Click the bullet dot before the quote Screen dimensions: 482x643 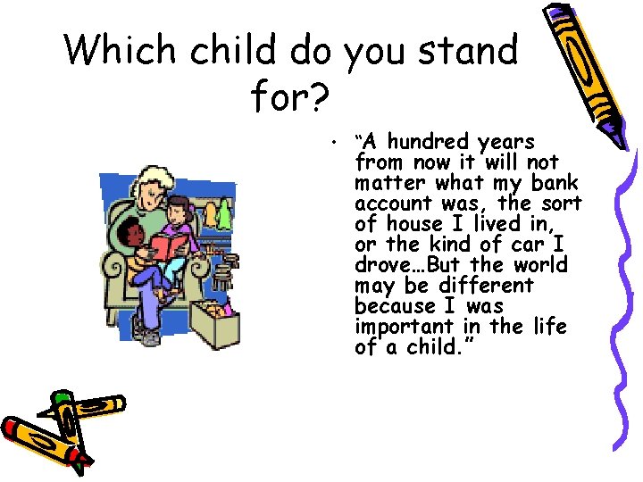click(330, 143)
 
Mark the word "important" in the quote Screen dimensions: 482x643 click(398, 327)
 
